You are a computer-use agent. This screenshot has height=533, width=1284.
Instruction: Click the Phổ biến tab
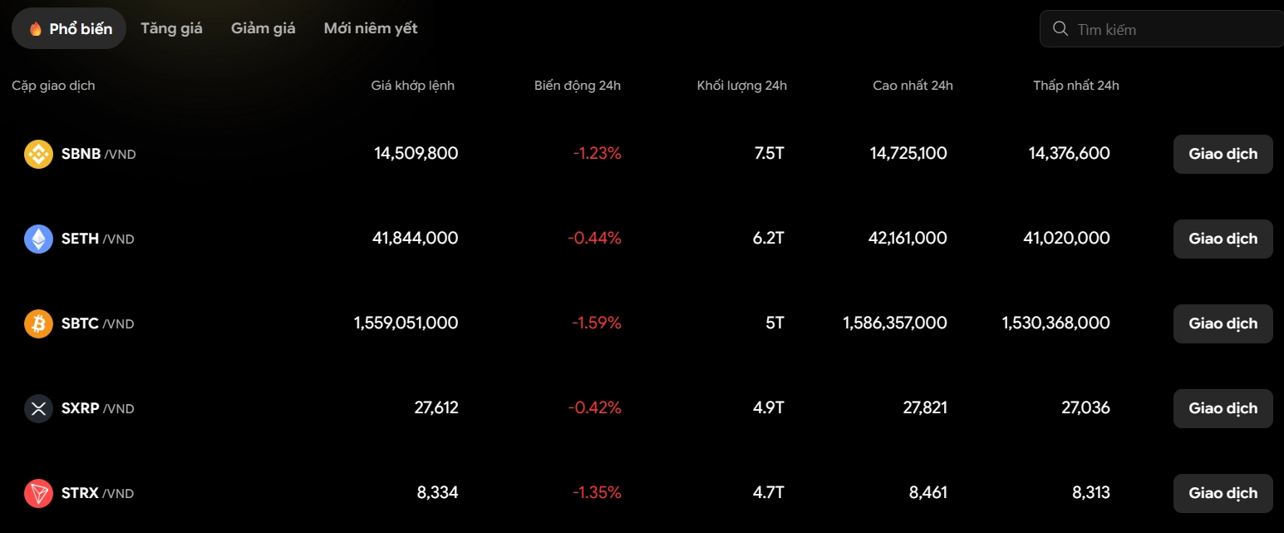[x=69, y=28]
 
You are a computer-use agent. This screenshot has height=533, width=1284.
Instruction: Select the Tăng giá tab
[x=171, y=28]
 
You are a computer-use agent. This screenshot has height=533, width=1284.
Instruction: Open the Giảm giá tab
[x=263, y=28]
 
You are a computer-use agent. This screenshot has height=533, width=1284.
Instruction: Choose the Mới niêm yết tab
[x=371, y=28]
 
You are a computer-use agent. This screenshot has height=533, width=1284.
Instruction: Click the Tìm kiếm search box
[x=1162, y=28]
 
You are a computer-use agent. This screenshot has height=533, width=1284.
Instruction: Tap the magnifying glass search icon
[x=1060, y=28]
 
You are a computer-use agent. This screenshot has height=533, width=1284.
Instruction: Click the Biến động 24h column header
[x=578, y=86]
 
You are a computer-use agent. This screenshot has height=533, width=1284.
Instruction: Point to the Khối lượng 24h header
[x=742, y=86]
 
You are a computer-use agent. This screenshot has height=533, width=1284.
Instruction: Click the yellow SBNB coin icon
[x=38, y=154]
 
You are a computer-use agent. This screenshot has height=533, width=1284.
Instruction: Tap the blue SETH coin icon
[x=38, y=239]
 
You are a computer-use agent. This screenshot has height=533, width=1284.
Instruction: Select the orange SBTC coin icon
[x=38, y=323]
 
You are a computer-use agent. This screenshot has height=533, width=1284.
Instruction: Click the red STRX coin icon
[x=38, y=493]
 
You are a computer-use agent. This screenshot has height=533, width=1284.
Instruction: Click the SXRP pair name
[x=98, y=408]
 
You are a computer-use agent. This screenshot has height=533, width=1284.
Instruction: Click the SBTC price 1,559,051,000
[x=406, y=323]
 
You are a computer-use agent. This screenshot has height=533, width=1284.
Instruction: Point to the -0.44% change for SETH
[x=594, y=238]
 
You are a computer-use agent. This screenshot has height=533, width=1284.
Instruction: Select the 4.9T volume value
[x=768, y=408]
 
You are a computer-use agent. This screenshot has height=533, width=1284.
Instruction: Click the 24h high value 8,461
[x=928, y=493]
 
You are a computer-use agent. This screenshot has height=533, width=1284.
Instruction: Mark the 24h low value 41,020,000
[x=1067, y=238]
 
